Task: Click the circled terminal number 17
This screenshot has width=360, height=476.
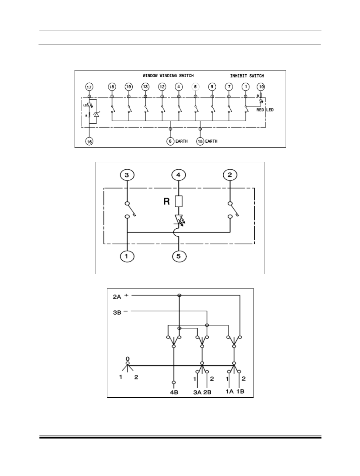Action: (x=89, y=87)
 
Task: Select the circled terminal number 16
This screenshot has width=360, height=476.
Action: (x=89, y=142)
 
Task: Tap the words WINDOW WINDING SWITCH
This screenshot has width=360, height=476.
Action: (x=168, y=76)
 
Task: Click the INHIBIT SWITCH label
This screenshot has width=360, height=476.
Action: (x=247, y=76)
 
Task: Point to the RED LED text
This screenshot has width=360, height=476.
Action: (x=265, y=110)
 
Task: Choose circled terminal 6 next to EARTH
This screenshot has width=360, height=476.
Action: (x=170, y=141)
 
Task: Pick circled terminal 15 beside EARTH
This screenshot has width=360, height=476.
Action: (x=200, y=141)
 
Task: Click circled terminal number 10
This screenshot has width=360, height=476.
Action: (x=261, y=87)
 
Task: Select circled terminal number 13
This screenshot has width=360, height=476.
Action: (x=145, y=87)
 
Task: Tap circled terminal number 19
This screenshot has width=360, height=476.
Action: (x=128, y=87)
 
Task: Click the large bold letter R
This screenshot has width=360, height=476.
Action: (x=166, y=202)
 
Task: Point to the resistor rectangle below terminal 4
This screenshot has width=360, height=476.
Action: (x=178, y=201)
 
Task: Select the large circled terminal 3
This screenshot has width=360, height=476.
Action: (x=127, y=175)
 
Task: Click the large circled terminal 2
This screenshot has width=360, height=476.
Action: (x=230, y=175)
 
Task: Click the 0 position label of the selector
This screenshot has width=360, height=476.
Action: (x=127, y=359)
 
